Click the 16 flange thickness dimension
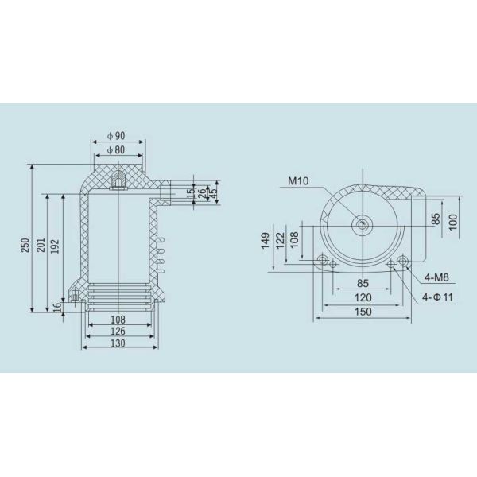point(58,305)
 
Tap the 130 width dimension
point(118,343)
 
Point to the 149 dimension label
point(265,241)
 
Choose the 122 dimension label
point(280,241)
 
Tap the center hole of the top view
point(363,226)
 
